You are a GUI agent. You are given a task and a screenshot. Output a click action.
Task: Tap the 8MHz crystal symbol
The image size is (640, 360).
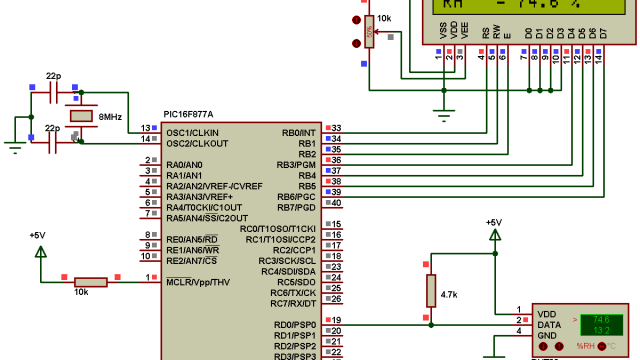[x=82, y=118]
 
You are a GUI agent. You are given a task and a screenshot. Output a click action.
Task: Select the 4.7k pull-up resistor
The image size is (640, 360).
[x=430, y=291]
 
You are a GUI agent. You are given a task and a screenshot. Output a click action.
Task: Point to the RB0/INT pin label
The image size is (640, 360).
[x=299, y=132]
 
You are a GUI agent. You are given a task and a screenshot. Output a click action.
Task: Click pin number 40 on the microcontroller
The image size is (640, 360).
[x=336, y=203]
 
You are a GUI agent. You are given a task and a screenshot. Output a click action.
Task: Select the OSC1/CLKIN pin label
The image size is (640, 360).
[x=192, y=132]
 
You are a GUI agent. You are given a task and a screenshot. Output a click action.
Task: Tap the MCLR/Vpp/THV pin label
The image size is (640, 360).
[x=199, y=282]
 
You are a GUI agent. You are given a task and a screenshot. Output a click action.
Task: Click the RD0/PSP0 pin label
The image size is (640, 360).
[x=295, y=325]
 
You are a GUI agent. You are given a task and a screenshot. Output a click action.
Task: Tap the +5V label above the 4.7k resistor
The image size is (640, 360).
[x=493, y=222]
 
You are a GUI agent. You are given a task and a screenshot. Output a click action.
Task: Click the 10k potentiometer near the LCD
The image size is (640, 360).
[x=369, y=30]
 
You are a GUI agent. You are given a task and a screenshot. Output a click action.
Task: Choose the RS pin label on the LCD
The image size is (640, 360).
[x=485, y=34]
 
